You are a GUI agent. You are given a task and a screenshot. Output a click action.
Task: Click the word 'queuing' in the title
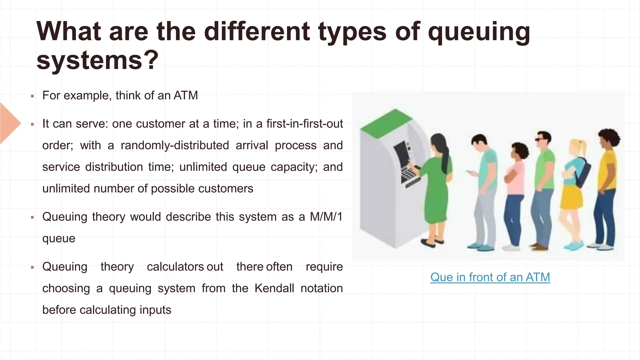pyautogui.click(x=479, y=32)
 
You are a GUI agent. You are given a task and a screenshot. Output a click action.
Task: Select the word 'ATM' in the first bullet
pyautogui.click(x=186, y=95)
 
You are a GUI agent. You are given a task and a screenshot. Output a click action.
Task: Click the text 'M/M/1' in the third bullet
pyautogui.click(x=326, y=217)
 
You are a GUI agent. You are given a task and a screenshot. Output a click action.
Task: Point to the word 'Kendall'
pyautogui.click(x=274, y=288)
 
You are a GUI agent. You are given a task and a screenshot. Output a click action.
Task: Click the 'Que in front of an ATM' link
pyautogui.click(x=490, y=277)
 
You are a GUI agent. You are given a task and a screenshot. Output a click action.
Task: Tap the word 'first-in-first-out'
pyautogui.click(x=304, y=124)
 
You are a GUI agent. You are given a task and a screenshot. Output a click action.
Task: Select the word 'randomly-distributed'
pyautogui.click(x=175, y=145)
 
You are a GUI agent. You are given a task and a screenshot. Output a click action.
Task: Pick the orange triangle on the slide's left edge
pyautogui.click(x=9, y=123)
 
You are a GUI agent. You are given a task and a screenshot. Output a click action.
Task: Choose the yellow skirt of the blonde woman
pyautogui.click(x=572, y=197)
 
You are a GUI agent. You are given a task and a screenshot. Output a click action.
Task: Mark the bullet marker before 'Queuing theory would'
pyautogui.click(x=32, y=217)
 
